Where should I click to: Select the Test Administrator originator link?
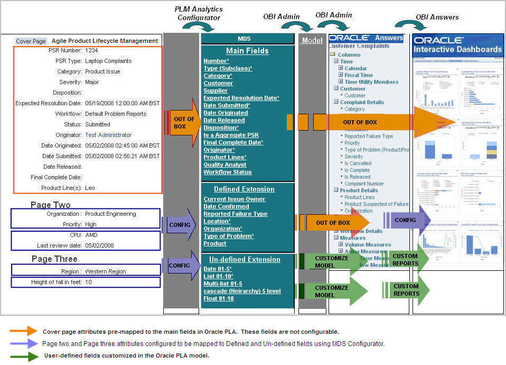[x=108, y=135]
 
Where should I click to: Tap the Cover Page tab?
[x=31, y=41]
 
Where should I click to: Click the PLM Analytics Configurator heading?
[x=199, y=13]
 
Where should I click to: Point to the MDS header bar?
[x=247, y=39]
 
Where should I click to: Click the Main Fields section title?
[x=247, y=51]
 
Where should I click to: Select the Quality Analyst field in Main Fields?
[x=224, y=165]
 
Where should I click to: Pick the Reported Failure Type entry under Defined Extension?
[x=235, y=214]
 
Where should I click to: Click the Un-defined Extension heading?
[x=245, y=260]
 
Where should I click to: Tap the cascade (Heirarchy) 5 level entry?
[x=242, y=291]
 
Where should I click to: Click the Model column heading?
[x=312, y=41]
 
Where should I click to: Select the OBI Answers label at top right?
[x=437, y=17]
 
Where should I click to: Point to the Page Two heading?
[x=50, y=205]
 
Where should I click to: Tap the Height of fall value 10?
[x=88, y=282]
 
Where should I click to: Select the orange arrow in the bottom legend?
[x=24, y=332]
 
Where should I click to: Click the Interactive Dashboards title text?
[x=457, y=52]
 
